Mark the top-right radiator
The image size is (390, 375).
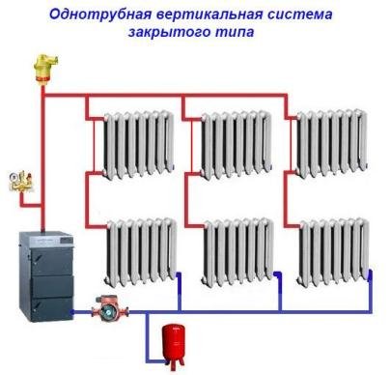click(x=332, y=143)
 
